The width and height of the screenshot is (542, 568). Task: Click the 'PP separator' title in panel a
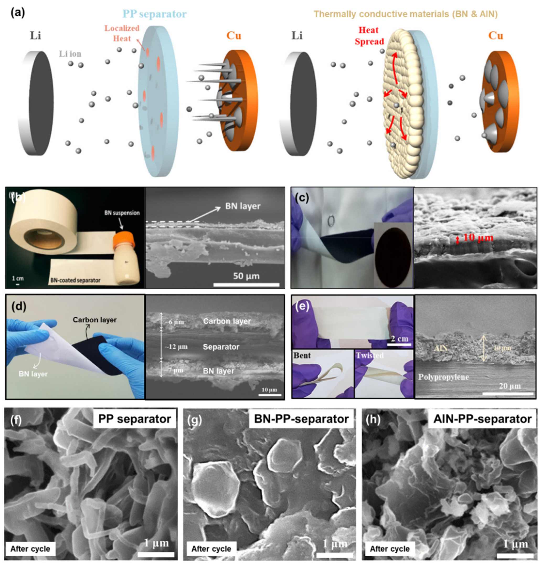(x=155, y=14)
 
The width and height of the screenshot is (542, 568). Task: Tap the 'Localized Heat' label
(x=122, y=33)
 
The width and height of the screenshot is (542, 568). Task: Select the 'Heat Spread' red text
(x=369, y=36)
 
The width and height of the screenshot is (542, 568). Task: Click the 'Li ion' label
(x=70, y=54)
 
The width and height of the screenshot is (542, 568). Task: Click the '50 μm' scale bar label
(x=246, y=276)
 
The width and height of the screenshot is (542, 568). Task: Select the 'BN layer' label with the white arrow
(x=243, y=206)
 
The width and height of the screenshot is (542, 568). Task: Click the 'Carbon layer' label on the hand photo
(x=94, y=320)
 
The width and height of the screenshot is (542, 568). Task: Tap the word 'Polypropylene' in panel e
(x=443, y=377)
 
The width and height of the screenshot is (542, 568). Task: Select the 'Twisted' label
(x=370, y=355)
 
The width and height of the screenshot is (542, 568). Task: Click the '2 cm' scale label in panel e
(x=400, y=339)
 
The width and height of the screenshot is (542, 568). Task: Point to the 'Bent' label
(x=302, y=355)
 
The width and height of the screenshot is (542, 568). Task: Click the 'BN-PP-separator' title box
(x=301, y=419)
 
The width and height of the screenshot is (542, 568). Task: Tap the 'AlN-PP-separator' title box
(x=482, y=419)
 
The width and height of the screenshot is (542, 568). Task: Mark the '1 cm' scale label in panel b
(x=18, y=278)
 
